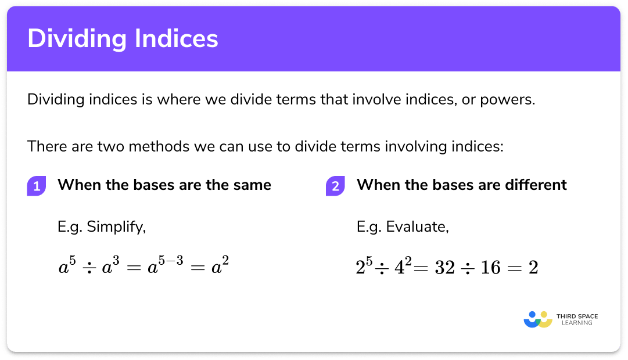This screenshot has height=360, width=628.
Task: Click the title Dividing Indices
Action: [x=123, y=39]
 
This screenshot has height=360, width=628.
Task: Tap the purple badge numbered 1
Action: [x=37, y=186]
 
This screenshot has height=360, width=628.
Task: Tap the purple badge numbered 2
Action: [x=336, y=186]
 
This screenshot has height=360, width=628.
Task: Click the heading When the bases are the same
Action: [x=164, y=185]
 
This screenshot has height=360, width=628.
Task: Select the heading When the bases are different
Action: [x=461, y=185]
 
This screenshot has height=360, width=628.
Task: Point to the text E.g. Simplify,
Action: [x=101, y=227]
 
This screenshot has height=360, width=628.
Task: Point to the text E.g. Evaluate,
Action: [x=403, y=227]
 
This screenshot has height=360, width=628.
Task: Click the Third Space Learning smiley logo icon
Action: [x=537, y=319]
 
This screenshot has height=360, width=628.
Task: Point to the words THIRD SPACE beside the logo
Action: [x=576, y=316]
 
